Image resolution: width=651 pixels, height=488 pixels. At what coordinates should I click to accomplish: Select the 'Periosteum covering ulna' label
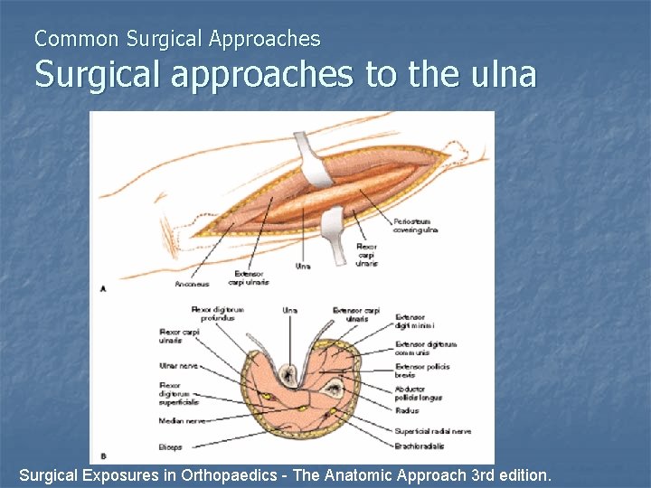point(415,226)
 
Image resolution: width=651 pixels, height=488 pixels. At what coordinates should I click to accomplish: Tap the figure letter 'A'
point(103,288)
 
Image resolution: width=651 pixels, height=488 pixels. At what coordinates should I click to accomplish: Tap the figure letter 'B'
point(103,455)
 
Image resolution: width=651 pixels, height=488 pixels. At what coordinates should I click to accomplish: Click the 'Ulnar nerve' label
point(177,366)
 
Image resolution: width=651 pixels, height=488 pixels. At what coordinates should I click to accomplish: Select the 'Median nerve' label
point(181,420)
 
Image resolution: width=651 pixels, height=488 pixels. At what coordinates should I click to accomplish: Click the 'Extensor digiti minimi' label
point(414,322)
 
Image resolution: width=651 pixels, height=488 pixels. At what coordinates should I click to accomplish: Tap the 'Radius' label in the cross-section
point(406,410)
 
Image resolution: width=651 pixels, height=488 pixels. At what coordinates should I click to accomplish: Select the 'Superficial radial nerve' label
point(432,431)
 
